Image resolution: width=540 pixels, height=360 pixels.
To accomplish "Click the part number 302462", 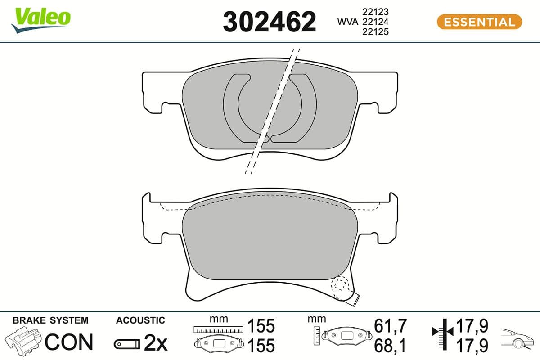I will (270, 22).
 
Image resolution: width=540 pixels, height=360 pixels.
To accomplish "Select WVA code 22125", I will (375, 31).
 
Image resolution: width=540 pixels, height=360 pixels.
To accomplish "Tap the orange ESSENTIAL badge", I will (479, 22).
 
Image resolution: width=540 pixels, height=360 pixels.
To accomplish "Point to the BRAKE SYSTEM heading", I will (50, 320).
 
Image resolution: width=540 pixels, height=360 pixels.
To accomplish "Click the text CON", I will (69, 342).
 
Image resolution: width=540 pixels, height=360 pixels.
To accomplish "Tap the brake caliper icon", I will (22, 341).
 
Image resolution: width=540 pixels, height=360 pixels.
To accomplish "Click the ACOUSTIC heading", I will (140, 320).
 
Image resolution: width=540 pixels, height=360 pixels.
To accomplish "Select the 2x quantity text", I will (155, 344).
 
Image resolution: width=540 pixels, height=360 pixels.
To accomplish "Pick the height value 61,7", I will (390, 325).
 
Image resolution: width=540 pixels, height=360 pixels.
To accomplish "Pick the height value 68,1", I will (390, 346).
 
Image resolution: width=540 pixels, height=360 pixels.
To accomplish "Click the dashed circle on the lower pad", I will (340, 284).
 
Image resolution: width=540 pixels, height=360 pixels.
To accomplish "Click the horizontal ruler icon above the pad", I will (217, 329).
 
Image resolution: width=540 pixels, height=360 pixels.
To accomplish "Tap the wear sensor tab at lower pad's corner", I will (356, 297).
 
